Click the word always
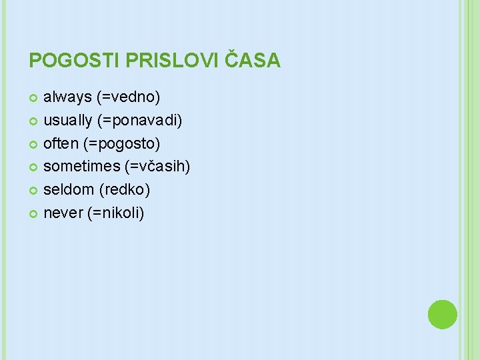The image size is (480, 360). [x=67, y=97]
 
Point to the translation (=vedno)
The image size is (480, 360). [x=129, y=97]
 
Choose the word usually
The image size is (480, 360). [x=69, y=121]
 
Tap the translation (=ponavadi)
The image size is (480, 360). [x=140, y=121]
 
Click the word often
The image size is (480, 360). [x=61, y=143]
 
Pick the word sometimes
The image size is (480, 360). [x=81, y=167]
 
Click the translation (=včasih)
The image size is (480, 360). [x=157, y=167]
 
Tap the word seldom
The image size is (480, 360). [x=69, y=190]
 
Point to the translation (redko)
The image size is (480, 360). [x=125, y=190]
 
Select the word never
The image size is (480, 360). [x=63, y=213]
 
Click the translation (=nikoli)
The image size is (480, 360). [x=116, y=213]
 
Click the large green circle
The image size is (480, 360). [x=442, y=314]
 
